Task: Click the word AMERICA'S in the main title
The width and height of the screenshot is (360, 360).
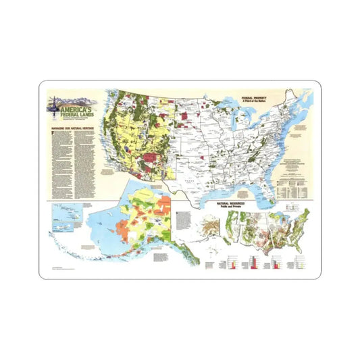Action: pyautogui.click(x=75, y=108)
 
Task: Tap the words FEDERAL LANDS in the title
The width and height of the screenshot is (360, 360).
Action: pyautogui.click(x=75, y=114)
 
